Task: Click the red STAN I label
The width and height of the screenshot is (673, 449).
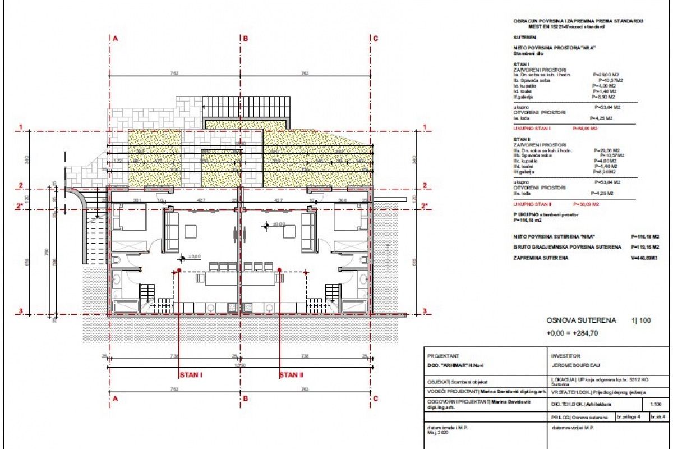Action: tap(191, 374)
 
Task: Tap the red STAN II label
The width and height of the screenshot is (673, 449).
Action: tap(291, 374)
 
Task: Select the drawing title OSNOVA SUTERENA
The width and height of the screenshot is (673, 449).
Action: tap(581, 320)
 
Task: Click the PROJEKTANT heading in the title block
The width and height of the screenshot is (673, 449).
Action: tap(443, 356)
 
